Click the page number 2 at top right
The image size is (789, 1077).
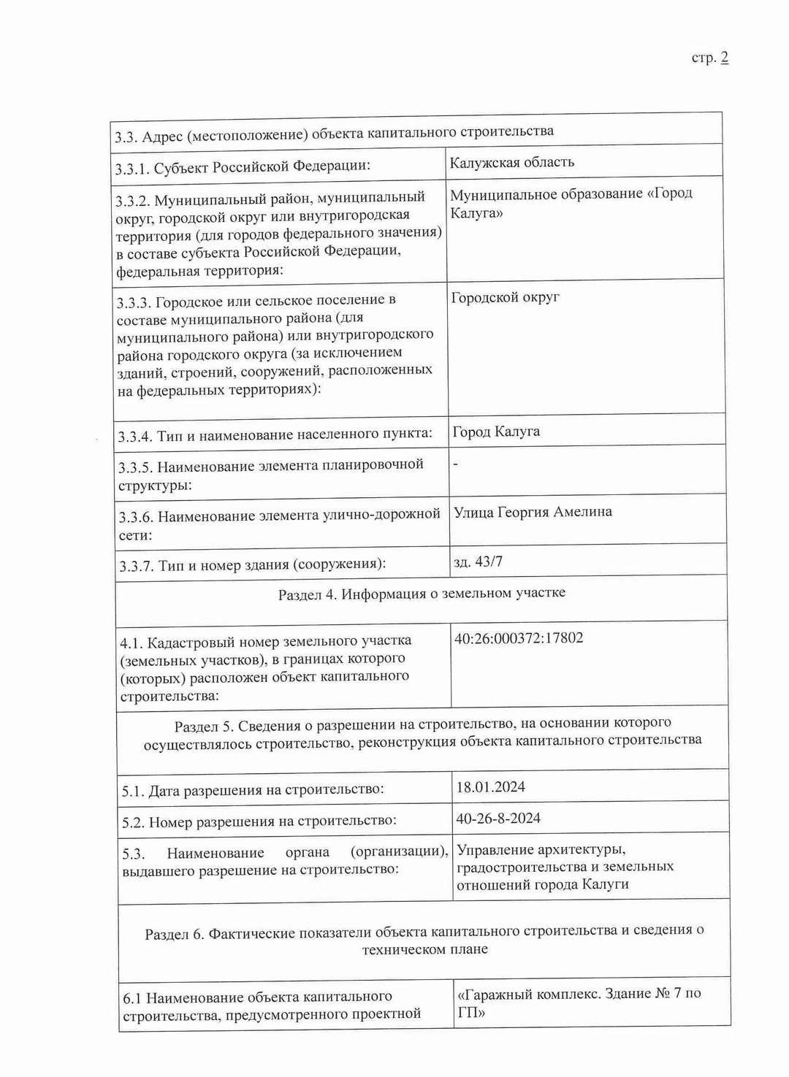[724, 58]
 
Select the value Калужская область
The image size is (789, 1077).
[512, 162]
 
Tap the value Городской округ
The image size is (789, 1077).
[506, 297]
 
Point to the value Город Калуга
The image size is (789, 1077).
[496, 432]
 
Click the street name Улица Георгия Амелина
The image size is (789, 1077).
[533, 512]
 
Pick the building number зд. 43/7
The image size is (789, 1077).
[478, 562]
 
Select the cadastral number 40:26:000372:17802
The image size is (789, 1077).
[519, 638]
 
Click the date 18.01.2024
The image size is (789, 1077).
[490, 787]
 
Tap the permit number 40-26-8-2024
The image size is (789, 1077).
[498, 819]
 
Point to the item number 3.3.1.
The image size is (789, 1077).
[131, 169]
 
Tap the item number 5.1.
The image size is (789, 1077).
[132, 791]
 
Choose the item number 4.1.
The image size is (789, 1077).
[131, 643]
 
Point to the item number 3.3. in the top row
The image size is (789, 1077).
[126, 137]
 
